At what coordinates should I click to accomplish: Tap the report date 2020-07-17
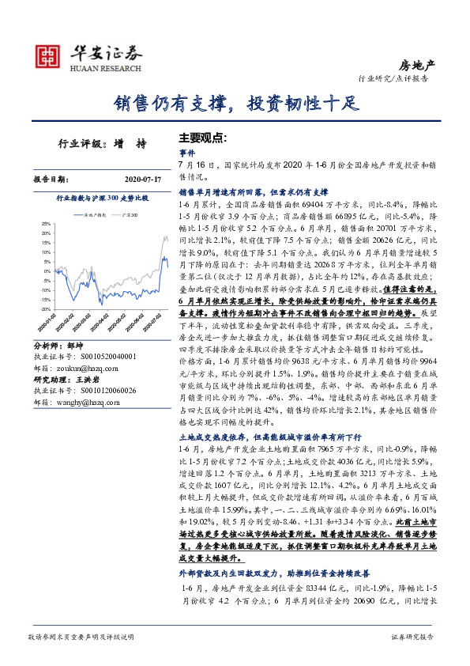pyautogui.click(x=143, y=180)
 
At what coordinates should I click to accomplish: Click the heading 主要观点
pyautogui.click(x=203, y=137)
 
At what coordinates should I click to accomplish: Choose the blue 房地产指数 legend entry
pyautogui.click(x=92, y=214)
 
